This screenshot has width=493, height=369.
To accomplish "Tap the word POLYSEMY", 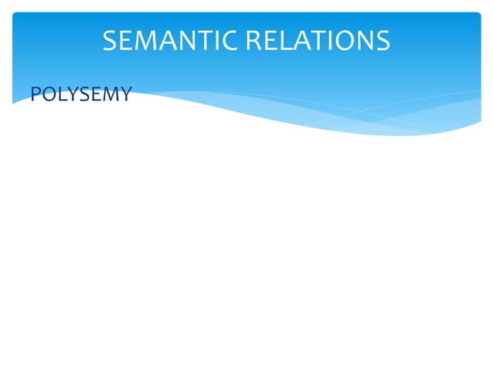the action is pyautogui.click(x=80, y=95).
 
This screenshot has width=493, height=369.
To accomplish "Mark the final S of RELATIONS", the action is pyautogui.click(x=382, y=40).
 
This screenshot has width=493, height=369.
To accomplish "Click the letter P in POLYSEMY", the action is pyautogui.click(x=34, y=95).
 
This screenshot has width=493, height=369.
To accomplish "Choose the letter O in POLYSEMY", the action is pyautogui.click(x=46, y=95).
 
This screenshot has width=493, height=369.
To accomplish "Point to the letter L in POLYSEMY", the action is pyautogui.click(x=59, y=95).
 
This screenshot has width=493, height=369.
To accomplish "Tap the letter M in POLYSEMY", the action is pyautogui.click(x=108, y=95).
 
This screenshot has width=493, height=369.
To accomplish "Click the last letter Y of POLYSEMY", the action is pyautogui.click(x=124, y=95).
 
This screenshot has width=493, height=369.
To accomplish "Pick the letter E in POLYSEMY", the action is pyautogui.click(x=93, y=95).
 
